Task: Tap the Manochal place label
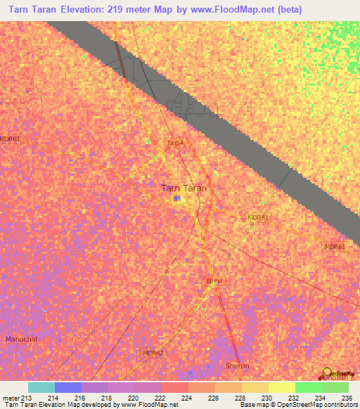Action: point(22,339)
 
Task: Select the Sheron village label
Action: point(237,366)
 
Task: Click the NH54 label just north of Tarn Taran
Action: point(175,143)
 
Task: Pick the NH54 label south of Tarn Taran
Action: point(214,281)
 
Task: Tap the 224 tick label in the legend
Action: point(185,398)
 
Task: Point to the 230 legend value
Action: point(265,398)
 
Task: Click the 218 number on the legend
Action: point(105,398)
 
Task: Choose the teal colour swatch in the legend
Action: point(41,387)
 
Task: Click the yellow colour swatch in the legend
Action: point(281,387)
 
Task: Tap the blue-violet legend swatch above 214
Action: point(68,387)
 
